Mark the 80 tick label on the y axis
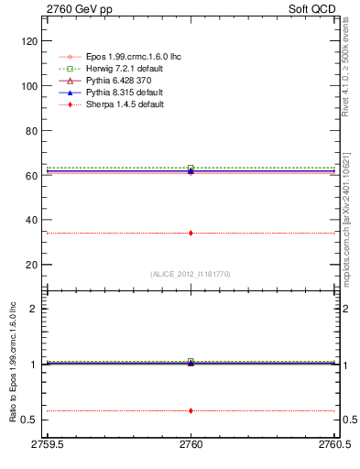[x=28, y=130]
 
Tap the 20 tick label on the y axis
[x=28, y=265]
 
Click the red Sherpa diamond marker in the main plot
[x=191, y=233]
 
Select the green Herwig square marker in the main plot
[x=191, y=169]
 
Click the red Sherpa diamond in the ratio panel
[x=191, y=410]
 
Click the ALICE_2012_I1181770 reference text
[x=191, y=273]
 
